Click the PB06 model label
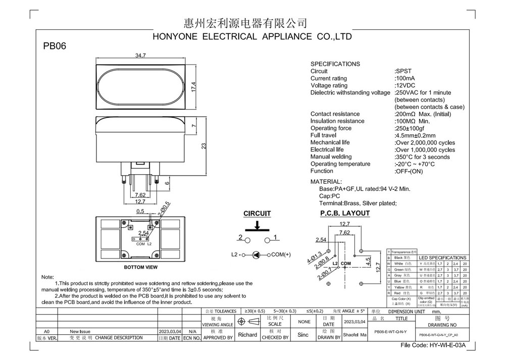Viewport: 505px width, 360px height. pyautogui.click(x=55, y=46)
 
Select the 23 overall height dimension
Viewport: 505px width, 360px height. pyautogui.click(x=204, y=146)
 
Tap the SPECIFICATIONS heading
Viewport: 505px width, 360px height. pyautogui.click(x=335, y=64)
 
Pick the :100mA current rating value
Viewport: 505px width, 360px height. pyautogui.click(x=405, y=79)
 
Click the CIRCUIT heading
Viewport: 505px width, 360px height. pyautogui.click(x=257, y=214)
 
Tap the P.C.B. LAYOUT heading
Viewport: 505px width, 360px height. pyautogui.click(x=345, y=213)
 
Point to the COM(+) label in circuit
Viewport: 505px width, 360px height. pyautogui.click(x=281, y=255)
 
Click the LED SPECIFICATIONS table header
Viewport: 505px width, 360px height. pyautogui.click(x=442, y=258)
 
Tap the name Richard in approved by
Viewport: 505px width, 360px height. pyautogui.click(x=247, y=335)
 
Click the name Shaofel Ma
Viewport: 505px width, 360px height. pyautogui.click(x=355, y=335)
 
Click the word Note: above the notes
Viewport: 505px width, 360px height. pyautogui.click(x=47, y=277)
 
